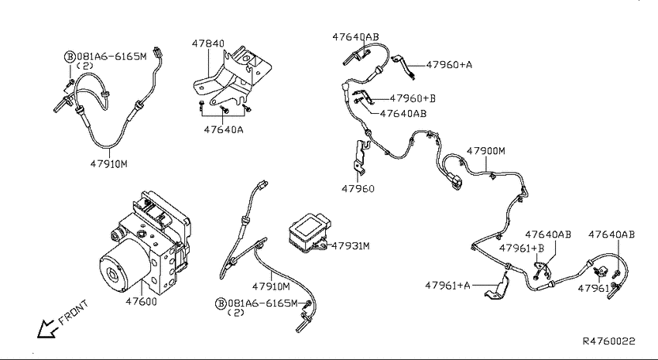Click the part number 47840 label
point(208,43)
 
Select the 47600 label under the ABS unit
point(141,301)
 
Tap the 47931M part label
point(351,246)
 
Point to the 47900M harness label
point(486,151)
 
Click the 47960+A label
point(449,64)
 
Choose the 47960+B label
point(413,98)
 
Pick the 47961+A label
point(447,286)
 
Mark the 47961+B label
point(521,249)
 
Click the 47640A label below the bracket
point(224,129)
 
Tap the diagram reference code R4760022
point(609,341)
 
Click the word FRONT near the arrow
point(74,312)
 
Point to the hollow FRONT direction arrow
point(46,328)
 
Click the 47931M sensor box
point(308,233)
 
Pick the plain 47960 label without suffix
point(358,188)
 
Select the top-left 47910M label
point(108,164)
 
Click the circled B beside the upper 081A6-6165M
point(70,57)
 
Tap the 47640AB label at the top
point(355,37)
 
